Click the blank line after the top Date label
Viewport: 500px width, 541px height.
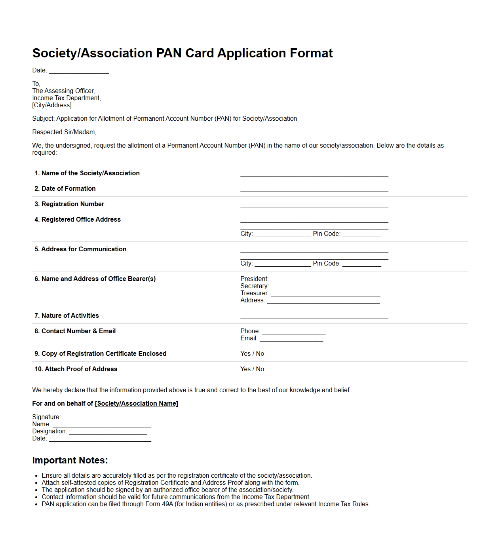(x=79, y=71)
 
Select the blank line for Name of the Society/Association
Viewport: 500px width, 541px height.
(x=314, y=174)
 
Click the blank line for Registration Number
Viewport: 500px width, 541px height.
(x=314, y=205)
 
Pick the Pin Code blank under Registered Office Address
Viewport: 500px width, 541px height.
(x=361, y=234)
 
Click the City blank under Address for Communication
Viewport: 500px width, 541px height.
(x=283, y=264)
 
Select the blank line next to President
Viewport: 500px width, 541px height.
(x=325, y=279)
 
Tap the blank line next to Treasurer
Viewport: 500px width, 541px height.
(x=325, y=294)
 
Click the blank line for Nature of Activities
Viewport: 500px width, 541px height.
(x=314, y=316)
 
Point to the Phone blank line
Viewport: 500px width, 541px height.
(x=294, y=332)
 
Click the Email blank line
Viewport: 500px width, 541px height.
(x=291, y=339)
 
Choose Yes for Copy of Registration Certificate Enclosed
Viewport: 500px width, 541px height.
(x=245, y=354)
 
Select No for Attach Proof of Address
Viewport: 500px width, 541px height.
(x=260, y=369)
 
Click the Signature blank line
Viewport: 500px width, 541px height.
(x=105, y=418)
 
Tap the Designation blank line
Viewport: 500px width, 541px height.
(x=108, y=432)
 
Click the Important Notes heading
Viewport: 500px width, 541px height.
(x=70, y=460)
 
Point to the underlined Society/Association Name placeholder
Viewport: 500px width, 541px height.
(x=137, y=404)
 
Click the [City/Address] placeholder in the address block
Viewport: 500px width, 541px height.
(x=52, y=105)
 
